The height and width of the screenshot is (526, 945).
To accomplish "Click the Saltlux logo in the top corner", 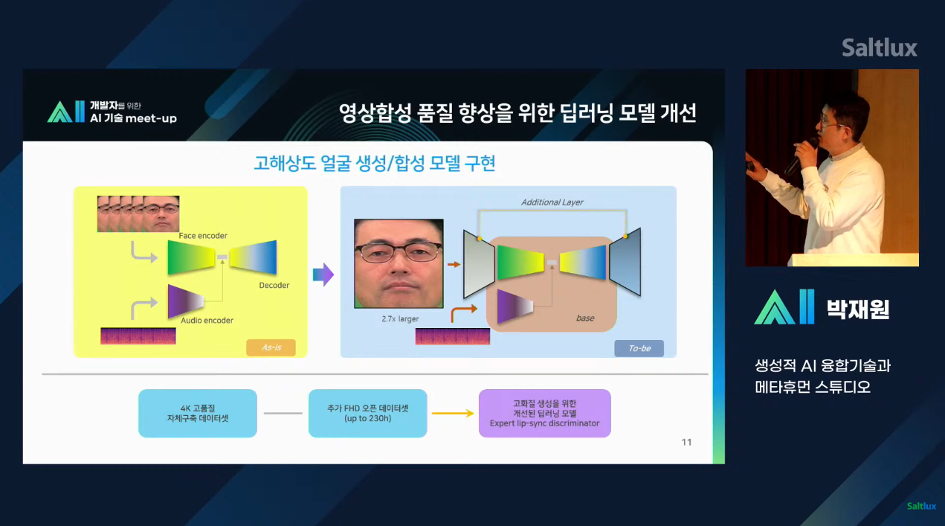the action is click(x=879, y=48).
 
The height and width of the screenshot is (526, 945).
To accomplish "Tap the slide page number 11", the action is click(x=686, y=442).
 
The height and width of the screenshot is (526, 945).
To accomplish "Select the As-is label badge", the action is click(x=271, y=347).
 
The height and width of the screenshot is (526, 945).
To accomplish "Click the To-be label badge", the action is click(x=639, y=348).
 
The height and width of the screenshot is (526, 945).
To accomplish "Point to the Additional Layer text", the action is click(x=552, y=202).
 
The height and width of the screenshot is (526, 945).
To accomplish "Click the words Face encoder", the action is click(x=203, y=236).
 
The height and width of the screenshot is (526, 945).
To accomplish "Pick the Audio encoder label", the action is click(x=207, y=321).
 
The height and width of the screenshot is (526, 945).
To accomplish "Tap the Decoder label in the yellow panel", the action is click(x=274, y=285).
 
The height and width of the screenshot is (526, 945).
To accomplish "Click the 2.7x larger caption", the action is click(x=400, y=318).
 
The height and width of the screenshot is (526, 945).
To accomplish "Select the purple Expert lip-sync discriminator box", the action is click(x=545, y=413).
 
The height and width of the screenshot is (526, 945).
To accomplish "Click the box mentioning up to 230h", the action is click(x=367, y=413).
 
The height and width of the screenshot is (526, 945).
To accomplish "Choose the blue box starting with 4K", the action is click(x=197, y=413).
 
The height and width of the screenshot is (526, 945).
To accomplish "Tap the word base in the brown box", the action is click(x=585, y=318).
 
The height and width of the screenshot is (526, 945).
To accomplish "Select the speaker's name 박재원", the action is click(x=858, y=308).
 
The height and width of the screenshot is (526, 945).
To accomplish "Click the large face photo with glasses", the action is click(x=399, y=263).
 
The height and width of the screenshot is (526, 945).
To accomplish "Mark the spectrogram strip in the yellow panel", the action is click(x=138, y=336).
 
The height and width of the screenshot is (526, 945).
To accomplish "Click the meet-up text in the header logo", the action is click(x=152, y=118).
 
